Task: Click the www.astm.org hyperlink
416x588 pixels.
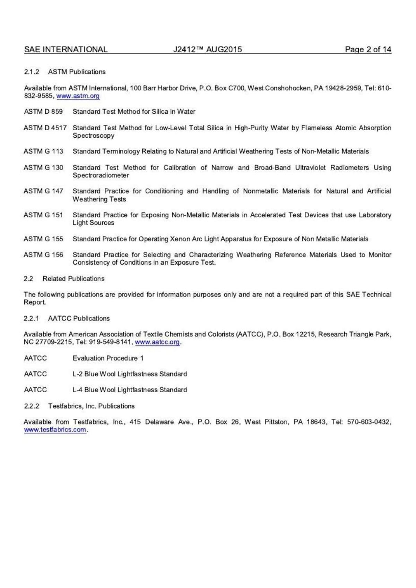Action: pyautogui.click(x=78, y=96)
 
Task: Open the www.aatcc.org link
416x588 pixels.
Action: pyautogui.click(x=157, y=342)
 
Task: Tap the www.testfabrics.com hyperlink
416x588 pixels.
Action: pyautogui.click(x=55, y=430)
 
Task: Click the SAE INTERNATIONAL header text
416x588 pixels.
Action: pyautogui.click(x=66, y=50)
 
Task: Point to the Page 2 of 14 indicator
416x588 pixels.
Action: pyautogui.click(x=368, y=50)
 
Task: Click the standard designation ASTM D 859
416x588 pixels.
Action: pyautogui.click(x=43, y=112)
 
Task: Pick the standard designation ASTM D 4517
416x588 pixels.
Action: pyautogui.click(x=45, y=128)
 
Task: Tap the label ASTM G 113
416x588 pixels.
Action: pyautogui.click(x=43, y=151)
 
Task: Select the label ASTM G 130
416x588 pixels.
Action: pyautogui.click(x=43, y=168)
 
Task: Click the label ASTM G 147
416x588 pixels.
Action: pyautogui.click(x=43, y=191)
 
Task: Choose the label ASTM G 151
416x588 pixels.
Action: pyautogui.click(x=43, y=215)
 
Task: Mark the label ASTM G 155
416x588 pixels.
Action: pyautogui.click(x=43, y=239)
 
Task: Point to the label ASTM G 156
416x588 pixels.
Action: pyautogui.click(x=43, y=255)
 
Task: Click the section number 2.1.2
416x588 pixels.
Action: pyautogui.click(x=32, y=72)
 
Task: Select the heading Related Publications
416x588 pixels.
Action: pyautogui.click(x=73, y=279)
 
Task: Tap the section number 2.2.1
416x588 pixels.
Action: pyautogui.click(x=32, y=318)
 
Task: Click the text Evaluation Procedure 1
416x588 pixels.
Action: pyautogui.click(x=108, y=358)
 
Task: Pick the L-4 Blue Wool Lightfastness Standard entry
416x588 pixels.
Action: pyautogui.click(x=130, y=390)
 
